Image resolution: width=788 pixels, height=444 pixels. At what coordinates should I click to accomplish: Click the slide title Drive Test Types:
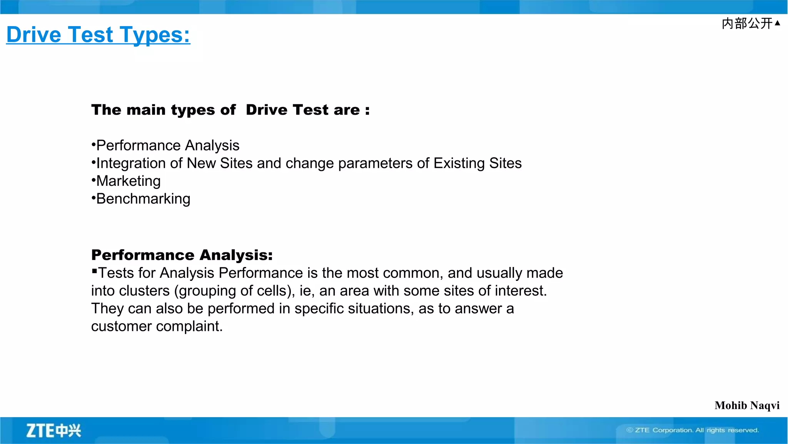click(x=98, y=35)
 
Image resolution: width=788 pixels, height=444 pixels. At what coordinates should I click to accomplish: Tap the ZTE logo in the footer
click(x=53, y=431)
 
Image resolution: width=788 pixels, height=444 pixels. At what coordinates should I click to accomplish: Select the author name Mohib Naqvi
click(x=747, y=406)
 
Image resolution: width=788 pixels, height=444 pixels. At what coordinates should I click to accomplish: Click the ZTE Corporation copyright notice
click(x=693, y=430)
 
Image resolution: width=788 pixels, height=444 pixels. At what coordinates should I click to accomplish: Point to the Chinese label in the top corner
click(x=747, y=23)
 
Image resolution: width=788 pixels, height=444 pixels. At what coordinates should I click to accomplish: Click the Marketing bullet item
click(x=128, y=181)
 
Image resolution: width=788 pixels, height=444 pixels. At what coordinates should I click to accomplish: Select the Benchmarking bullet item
click(x=143, y=199)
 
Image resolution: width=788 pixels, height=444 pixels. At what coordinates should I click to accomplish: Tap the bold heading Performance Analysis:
click(x=182, y=255)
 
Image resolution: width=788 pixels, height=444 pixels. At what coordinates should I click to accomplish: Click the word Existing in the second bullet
click(x=459, y=164)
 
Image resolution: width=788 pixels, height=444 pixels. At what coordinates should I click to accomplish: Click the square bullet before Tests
click(x=94, y=271)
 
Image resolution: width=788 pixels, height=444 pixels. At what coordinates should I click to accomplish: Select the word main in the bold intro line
click(x=141, y=110)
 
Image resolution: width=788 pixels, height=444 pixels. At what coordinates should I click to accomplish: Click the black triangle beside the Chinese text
click(x=777, y=23)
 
